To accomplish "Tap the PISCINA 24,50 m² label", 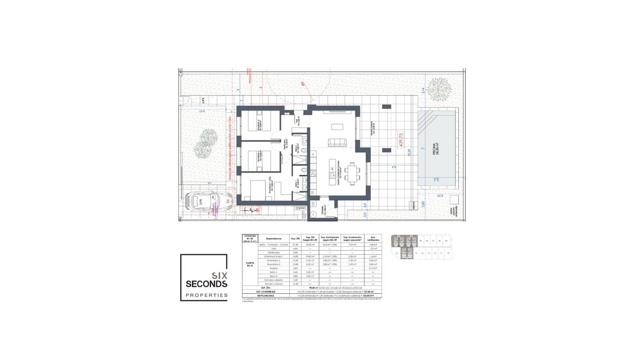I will coord(435,149).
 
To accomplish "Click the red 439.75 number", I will coord(401,140).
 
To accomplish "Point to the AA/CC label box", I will coord(300,208).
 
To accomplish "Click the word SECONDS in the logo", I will coord(206,284).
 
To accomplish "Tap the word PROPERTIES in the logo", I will coord(206,295).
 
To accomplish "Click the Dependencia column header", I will coord(274,239).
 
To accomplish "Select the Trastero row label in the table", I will coord(274,268).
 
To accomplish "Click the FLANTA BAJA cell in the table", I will coord(249,265).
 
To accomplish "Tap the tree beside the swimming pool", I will coord(439,89).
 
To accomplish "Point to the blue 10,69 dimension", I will coord(409,152).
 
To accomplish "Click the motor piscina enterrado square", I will coord(454,200).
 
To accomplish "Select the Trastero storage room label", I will coord(323,210).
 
